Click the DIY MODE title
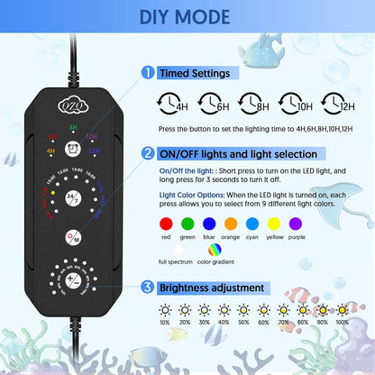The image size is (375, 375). (x=187, y=17)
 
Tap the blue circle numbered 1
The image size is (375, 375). (x=147, y=72)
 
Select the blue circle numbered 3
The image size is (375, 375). (x=147, y=288)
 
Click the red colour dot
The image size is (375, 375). (x=165, y=223)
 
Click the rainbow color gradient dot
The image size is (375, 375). (x=214, y=250)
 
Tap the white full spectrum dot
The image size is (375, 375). (x=165, y=250)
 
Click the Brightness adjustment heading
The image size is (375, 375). (x=214, y=288)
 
